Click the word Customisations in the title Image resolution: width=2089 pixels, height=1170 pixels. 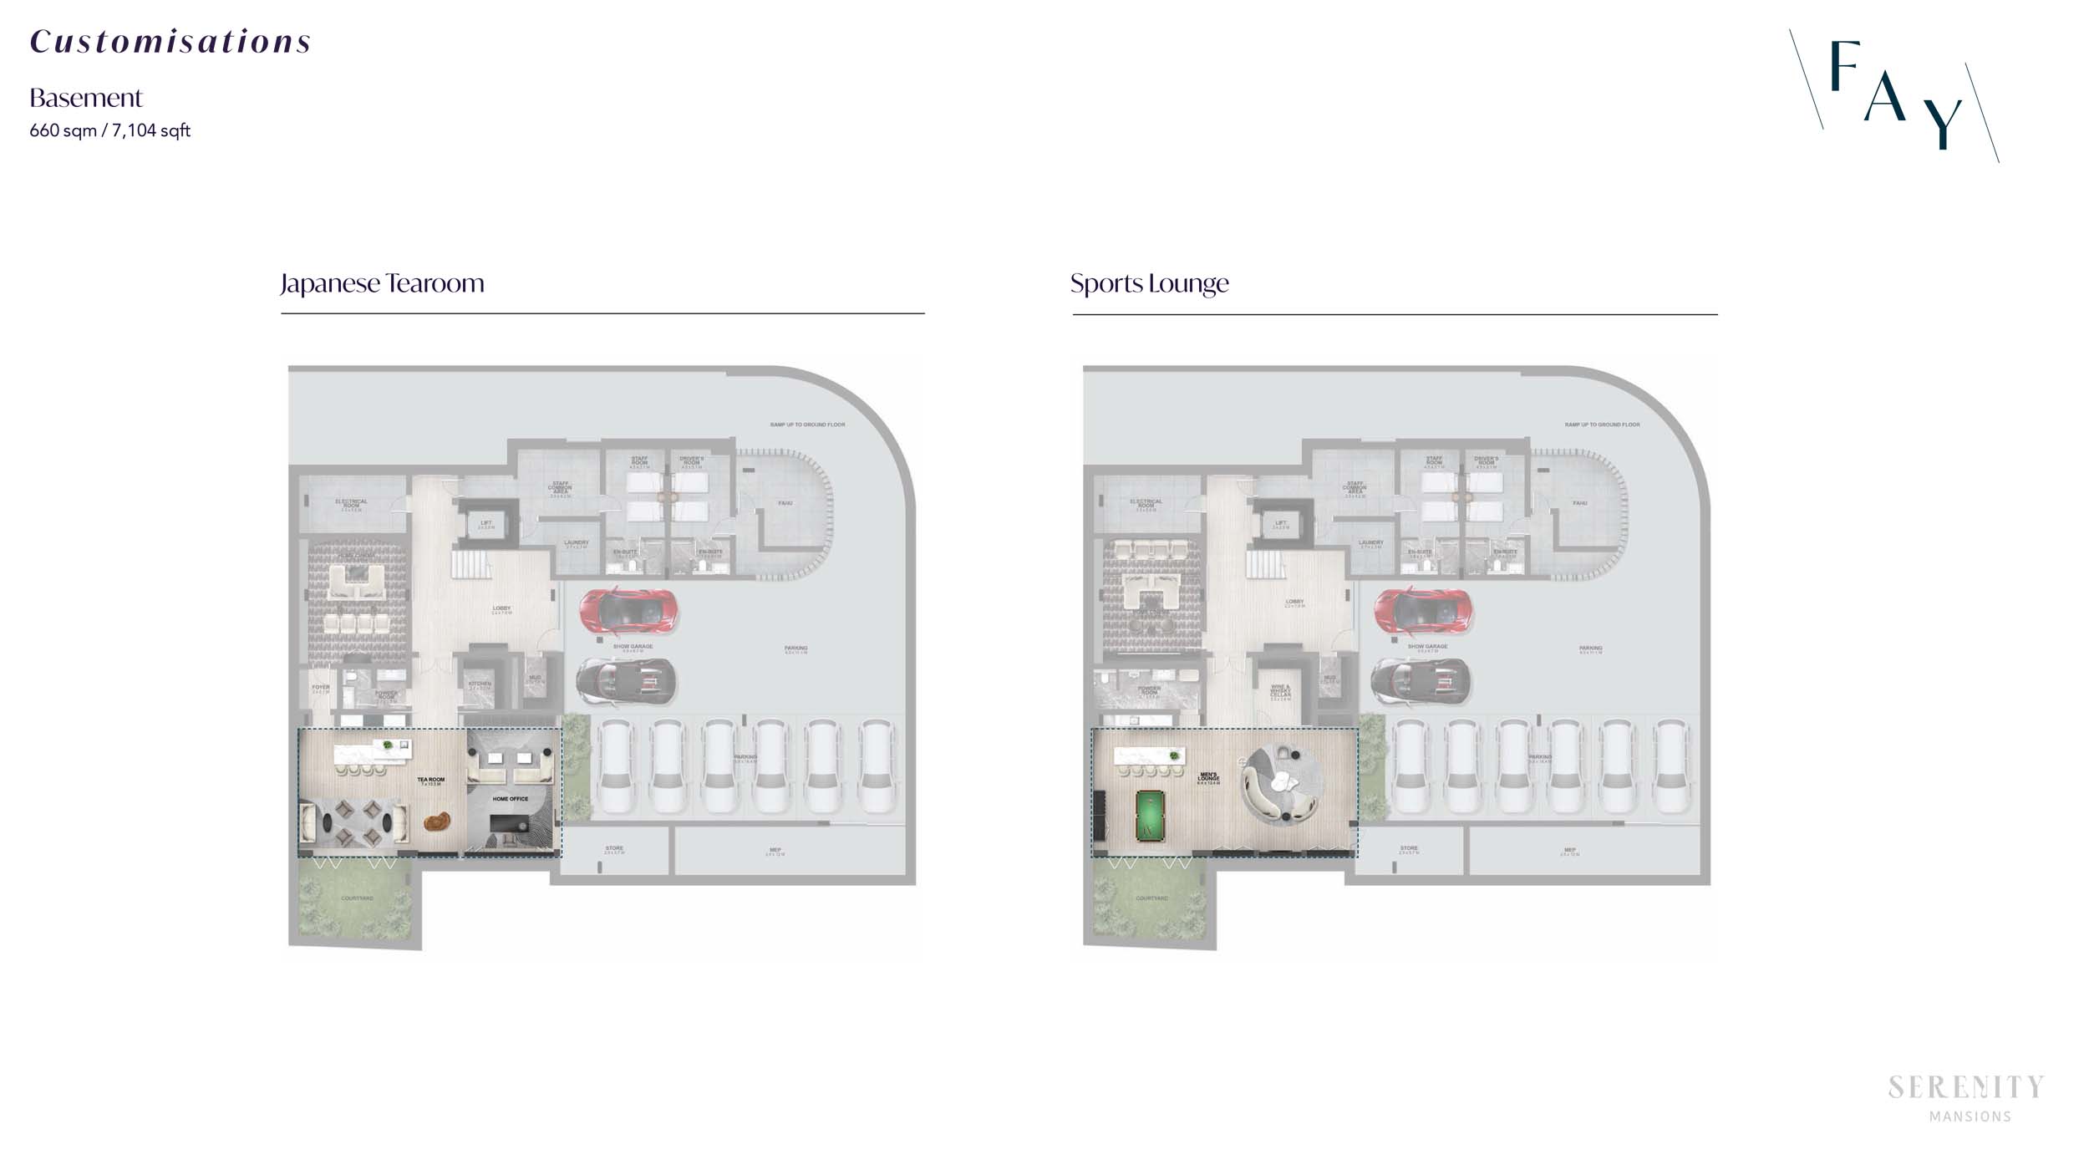[170, 42]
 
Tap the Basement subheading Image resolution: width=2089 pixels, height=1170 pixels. [86, 99]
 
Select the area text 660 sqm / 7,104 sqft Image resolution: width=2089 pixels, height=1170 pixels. [110, 130]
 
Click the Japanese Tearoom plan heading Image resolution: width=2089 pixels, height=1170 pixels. [383, 283]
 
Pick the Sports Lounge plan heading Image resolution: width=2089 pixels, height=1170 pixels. [1150, 283]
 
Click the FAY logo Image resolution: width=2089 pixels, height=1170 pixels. [1894, 94]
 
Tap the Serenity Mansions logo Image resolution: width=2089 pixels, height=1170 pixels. [1966, 1098]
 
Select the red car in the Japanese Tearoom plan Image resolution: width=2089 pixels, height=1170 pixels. [628, 610]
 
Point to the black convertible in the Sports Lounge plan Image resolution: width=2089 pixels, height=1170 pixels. [1421, 680]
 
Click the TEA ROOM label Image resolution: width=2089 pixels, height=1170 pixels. [431, 781]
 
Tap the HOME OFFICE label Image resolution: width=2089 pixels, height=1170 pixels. [510, 799]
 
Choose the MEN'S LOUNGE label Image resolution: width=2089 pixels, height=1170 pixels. [1208, 777]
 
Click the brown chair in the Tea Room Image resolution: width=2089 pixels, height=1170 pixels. [436, 822]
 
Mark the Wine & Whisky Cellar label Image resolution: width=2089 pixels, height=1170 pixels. [1280, 692]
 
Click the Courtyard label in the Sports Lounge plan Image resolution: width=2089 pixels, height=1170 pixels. [1151, 898]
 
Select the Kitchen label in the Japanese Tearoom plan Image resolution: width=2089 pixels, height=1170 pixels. [480, 684]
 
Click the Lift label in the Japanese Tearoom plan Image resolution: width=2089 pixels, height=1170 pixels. [486, 524]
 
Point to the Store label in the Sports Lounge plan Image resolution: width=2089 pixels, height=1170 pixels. [1409, 849]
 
